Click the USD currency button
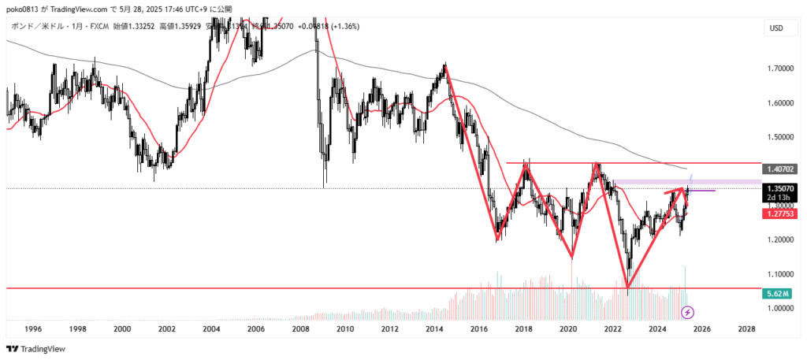click(x=775, y=28)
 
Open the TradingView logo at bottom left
click(x=36, y=349)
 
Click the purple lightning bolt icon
click(x=687, y=313)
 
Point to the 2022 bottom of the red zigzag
click(x=628, y=288)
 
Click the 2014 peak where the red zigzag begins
click(x=445, y=66)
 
